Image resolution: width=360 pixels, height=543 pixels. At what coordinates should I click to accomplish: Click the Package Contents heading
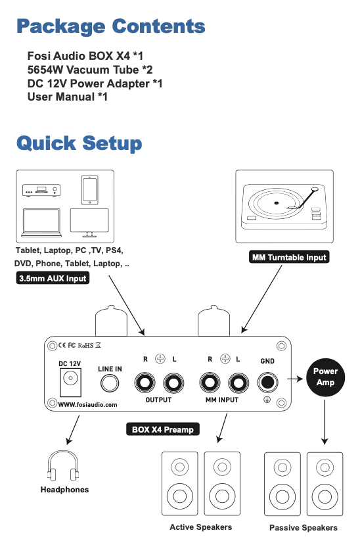[111, 27]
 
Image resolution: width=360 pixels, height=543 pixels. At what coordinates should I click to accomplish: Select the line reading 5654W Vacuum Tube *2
[89, 70]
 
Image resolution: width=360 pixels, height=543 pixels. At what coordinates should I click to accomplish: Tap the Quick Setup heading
[79, 143]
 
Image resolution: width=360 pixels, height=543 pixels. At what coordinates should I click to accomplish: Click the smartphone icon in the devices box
[89, 190]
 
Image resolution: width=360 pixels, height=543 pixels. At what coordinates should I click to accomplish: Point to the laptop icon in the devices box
[41, 223]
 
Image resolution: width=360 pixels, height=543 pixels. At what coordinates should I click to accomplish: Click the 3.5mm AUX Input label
[53, 278]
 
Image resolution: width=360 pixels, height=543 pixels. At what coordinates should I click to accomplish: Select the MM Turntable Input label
[289, 257]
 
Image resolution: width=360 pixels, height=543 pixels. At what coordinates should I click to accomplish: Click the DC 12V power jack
[70, 382]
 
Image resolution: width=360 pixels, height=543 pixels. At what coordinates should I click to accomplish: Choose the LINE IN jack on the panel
[110, 383]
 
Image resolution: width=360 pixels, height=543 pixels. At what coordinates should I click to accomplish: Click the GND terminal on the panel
[267, 383]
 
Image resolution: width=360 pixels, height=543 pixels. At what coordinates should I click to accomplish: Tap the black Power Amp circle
[325, 377]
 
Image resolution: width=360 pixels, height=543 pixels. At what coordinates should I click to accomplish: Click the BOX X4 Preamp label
[163, 429]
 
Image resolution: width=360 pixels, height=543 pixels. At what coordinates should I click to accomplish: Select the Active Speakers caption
[201, 527]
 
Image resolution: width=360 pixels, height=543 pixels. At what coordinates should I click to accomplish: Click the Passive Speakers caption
[304, 528]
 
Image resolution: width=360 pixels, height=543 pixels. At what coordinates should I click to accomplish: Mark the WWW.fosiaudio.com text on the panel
[87, 404]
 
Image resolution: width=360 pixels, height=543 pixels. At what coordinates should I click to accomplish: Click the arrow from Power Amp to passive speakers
[325, 423]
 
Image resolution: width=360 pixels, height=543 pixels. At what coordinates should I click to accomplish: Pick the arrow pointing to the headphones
[73, 430]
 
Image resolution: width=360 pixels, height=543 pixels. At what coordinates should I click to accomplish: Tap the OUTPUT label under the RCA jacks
[158, 400]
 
